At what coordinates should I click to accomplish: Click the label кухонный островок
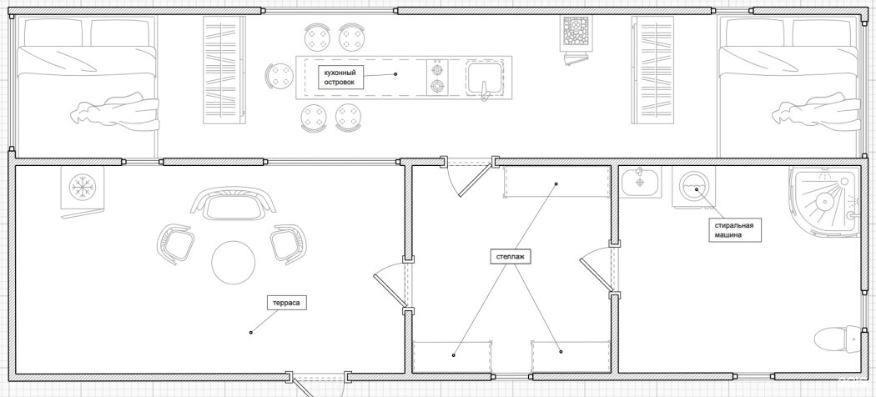coord(340,77)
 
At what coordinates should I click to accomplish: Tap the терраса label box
coord(287,304)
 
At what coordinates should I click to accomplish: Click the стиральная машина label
coord(735,230)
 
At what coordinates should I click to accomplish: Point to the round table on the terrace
coord(233,263)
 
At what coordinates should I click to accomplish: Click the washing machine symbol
coord(693,188)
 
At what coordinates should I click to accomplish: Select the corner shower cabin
coord(824,200)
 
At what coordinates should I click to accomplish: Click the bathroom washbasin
coord(640,181)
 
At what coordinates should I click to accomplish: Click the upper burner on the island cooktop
coord(437,70)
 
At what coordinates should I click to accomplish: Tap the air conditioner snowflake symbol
coord(83,187)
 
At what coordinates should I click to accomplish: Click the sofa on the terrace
coord(233,204)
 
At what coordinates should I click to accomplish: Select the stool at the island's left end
coord(279,77)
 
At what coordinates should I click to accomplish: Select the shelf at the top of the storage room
coord(556,182)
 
